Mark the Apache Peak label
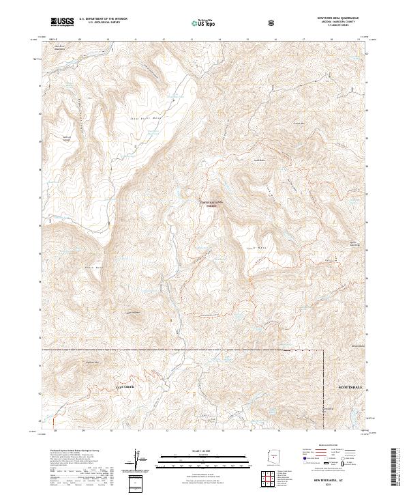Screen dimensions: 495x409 point(353,243)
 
